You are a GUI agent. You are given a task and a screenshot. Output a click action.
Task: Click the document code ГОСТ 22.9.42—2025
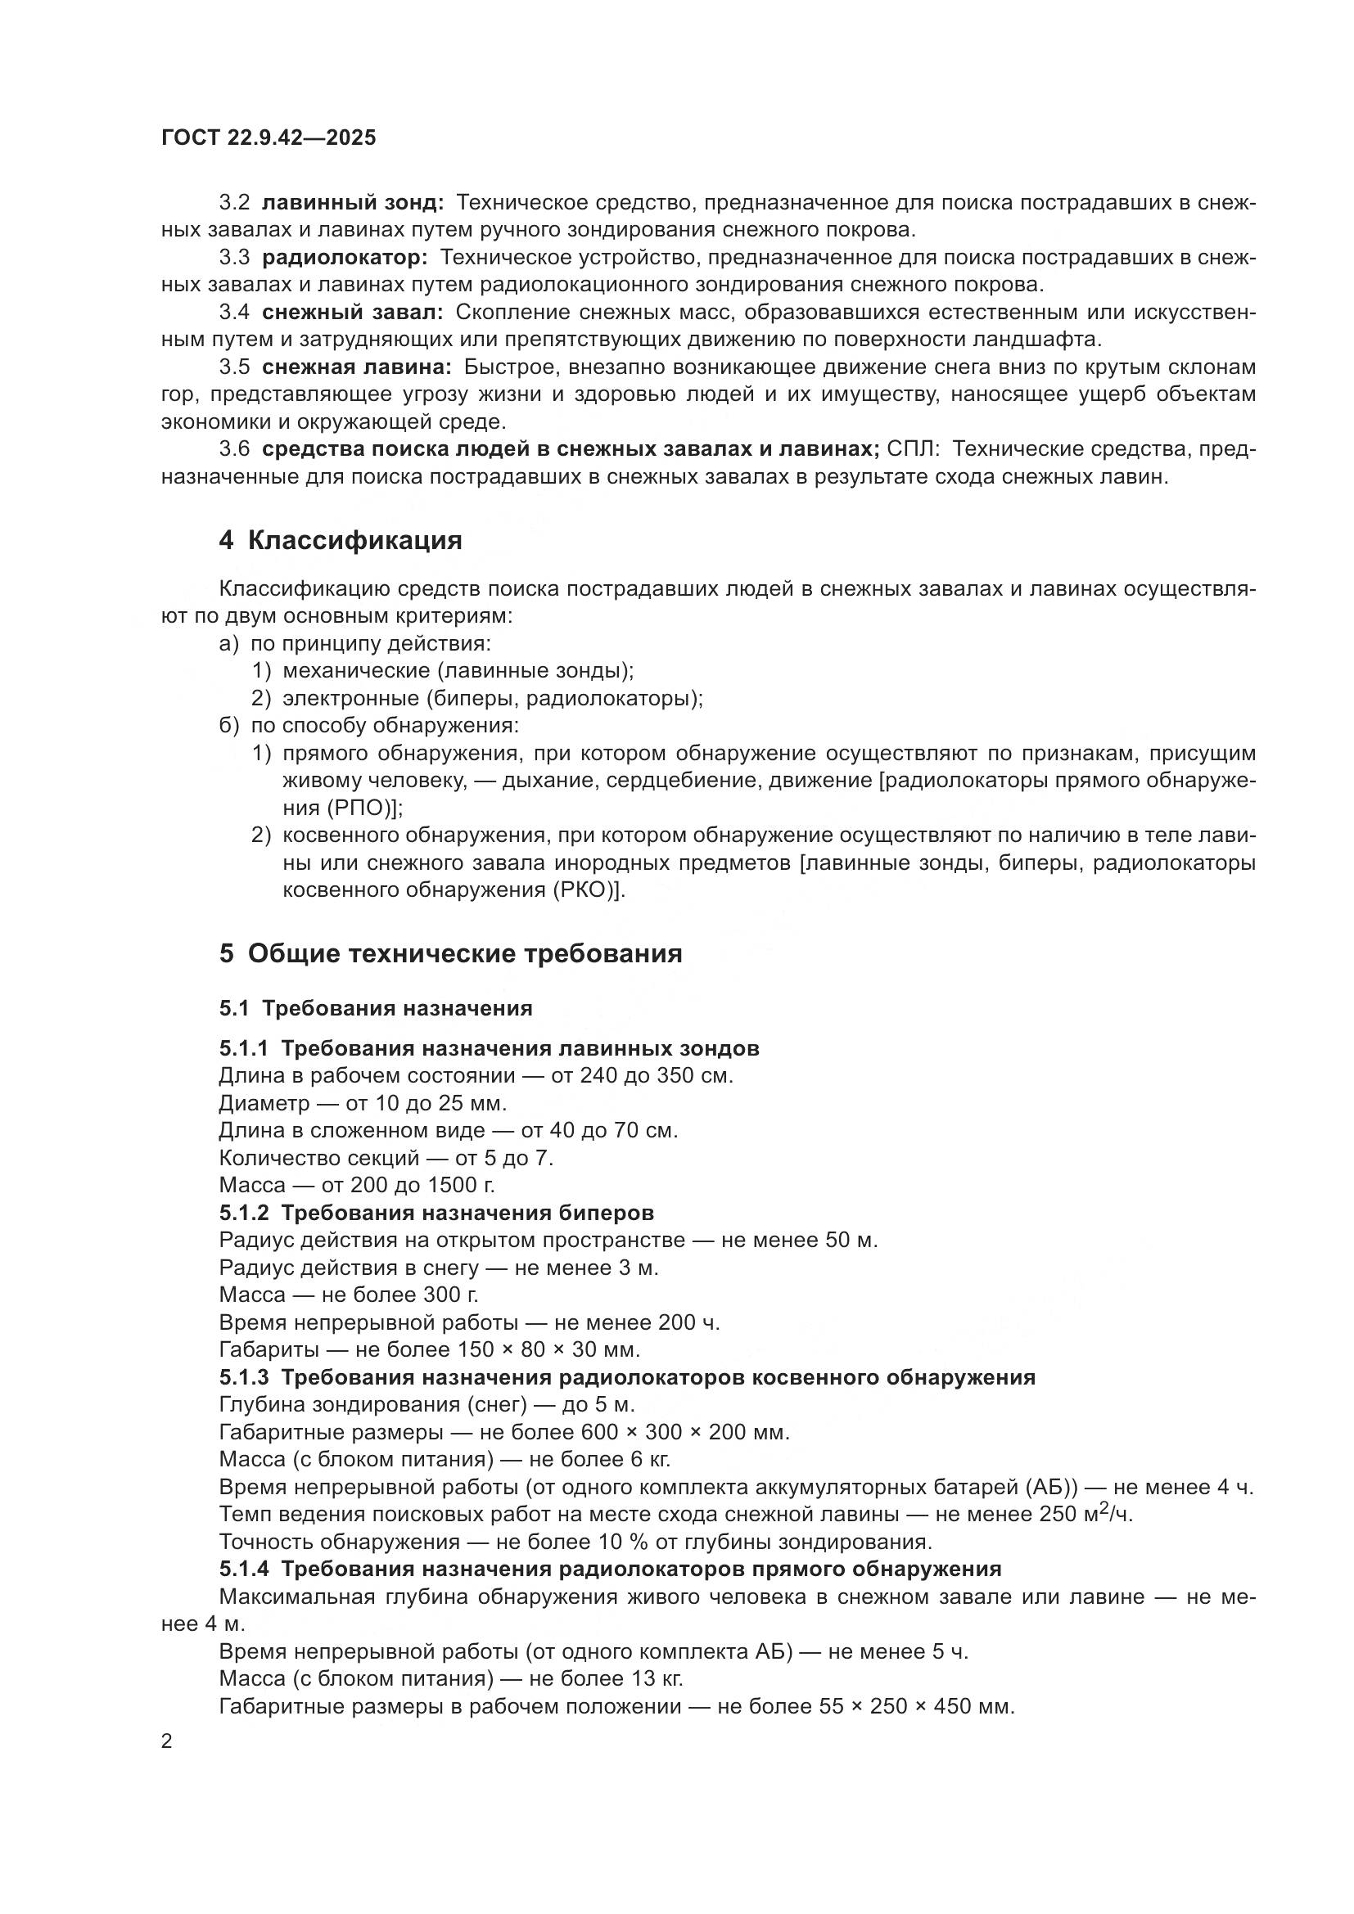(269, 137)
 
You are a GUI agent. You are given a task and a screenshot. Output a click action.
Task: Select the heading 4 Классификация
(341, 540)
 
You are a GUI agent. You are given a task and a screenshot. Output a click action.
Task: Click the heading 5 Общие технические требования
(450, 952)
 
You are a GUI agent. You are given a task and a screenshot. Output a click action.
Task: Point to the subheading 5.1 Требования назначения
(375, 1008)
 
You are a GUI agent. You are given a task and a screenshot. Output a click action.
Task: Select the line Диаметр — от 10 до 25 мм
(363, 1103)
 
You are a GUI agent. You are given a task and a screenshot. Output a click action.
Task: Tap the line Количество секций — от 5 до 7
(386, 1158)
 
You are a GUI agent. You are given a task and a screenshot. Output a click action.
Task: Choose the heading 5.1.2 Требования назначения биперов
(436, 1212)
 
